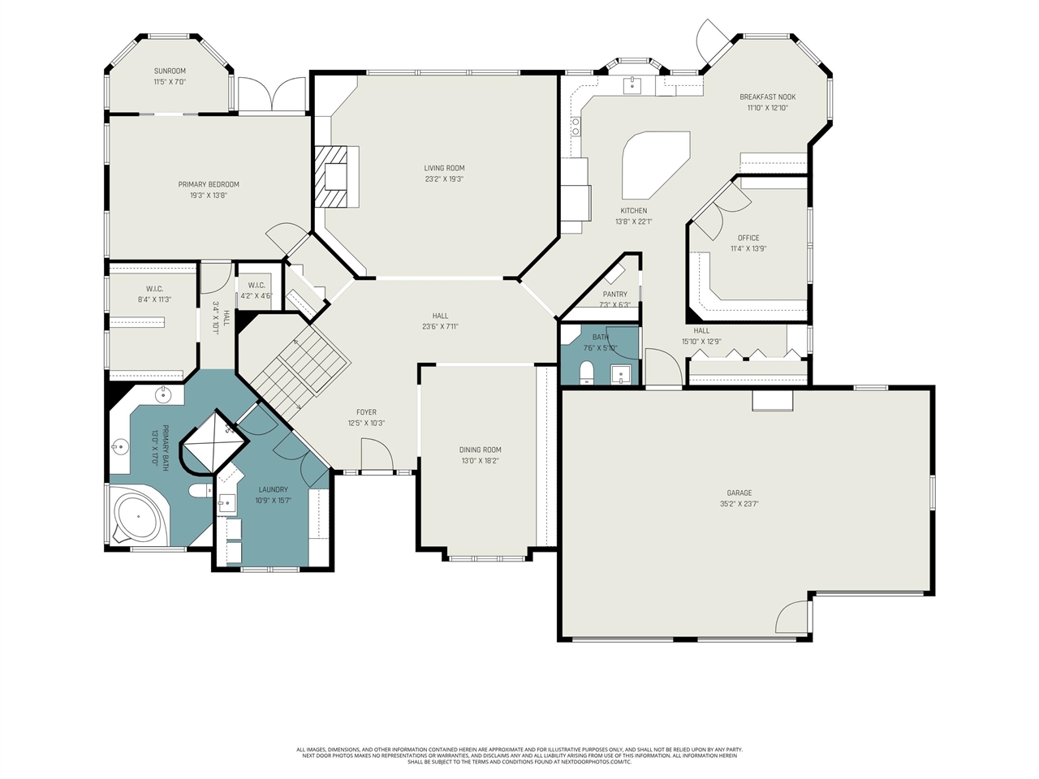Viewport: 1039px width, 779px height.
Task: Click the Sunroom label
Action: click(x=170, y=71)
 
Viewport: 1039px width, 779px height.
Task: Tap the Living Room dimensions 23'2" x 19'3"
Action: click(x=444, y=179)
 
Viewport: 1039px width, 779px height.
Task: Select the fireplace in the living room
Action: click(x=334, y=177)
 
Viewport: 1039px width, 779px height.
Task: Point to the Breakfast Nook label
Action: click(x=767, y=97)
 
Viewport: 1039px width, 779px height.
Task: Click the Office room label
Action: click(x=748, y=238)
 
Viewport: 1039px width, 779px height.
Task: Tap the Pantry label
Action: click(x=614, y=295)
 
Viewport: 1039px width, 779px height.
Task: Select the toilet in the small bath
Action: click(x=587, y=372)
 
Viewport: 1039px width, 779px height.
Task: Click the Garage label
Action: click(x=739, y=493)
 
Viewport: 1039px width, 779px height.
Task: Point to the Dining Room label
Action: click(x=480, y=450)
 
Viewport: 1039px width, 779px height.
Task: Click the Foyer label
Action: click(x=365, y=412)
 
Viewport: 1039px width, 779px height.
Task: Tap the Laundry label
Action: click(x=273, y=489)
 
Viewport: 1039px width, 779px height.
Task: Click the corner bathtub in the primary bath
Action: click(x=136, y=517)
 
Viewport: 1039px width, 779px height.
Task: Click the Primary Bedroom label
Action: click(x=209, y=184)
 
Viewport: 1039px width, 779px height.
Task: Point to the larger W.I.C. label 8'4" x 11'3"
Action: click(x=154, y=289)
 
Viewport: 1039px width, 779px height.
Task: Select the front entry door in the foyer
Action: click(x=374, y=455)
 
